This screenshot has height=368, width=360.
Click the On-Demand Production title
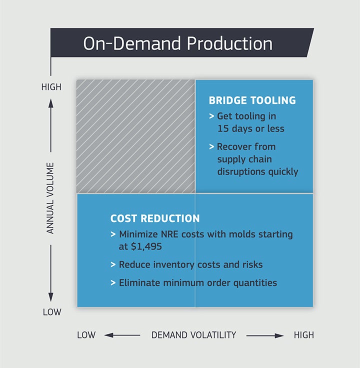click(x=178, y=43)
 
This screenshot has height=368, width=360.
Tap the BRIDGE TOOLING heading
click(x=252, y=100)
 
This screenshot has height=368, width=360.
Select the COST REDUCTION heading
click(x=155, y=218)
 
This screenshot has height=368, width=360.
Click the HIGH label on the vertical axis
click(x=51, y=87)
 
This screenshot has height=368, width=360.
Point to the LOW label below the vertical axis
click(x=52, y=312)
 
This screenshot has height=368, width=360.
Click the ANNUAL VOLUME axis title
click(x=50, y=198)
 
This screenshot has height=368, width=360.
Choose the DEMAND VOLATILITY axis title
click(x=193, y=335)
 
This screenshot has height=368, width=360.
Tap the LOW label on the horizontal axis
click(x=86, y=335)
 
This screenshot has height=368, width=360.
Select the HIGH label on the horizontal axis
click(x=304, y=335)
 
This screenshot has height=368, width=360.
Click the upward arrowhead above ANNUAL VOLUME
click(x=50, y=103)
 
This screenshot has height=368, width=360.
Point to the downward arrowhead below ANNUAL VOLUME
click(x=50, y=297)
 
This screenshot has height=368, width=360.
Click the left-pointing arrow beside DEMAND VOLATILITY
click(x=122, y=335)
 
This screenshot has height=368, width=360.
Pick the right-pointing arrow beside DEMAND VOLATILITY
click(x=265, y=335)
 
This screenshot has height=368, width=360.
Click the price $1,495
click(x=146, y=246)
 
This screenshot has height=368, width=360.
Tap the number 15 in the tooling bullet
click(x=223, y=128)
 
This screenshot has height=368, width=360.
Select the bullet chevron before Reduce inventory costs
click(x=113, y=264)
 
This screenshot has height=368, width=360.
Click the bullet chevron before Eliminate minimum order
click(x=113, y=283)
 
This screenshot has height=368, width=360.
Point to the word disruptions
click(x=241, y=171)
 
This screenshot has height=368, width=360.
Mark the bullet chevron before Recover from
click(x=211, y=146)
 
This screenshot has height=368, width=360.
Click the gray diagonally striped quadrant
click(x=135, y=136)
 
